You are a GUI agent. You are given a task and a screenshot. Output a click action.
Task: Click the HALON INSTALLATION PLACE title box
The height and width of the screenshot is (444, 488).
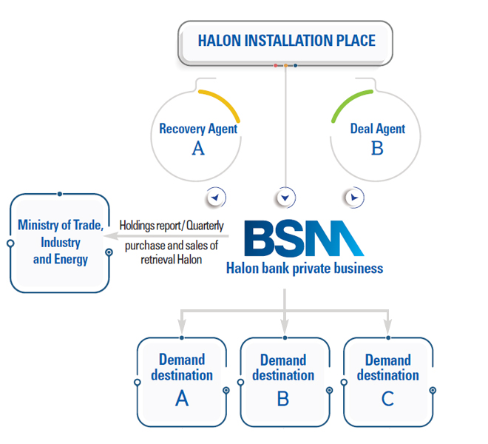click(286, 41)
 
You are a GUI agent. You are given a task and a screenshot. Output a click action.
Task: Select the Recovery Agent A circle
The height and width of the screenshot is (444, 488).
click(198, 136)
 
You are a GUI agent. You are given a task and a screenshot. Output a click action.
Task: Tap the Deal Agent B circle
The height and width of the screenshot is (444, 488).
click(377, 136)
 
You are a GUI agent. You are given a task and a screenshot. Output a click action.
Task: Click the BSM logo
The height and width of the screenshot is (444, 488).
click(303, 238)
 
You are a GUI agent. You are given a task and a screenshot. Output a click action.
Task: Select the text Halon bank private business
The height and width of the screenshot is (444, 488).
click(305, 268)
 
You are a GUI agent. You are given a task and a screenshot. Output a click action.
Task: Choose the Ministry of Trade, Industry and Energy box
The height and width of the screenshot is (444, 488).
click(60, 242)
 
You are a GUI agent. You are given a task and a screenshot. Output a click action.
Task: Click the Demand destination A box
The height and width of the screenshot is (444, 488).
click(182, 381)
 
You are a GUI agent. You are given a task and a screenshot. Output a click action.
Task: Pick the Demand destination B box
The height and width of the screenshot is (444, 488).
click(284, 381)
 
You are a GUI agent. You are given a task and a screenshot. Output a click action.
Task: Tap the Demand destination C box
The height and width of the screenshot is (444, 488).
click(387, 381)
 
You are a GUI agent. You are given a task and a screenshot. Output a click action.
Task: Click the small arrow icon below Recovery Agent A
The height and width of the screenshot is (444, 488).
click(216, 198)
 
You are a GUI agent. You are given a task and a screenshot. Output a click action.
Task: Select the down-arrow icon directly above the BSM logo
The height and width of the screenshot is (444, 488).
click(285, 198)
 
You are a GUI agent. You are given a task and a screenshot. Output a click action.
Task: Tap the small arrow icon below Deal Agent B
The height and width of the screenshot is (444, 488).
click(355, 198)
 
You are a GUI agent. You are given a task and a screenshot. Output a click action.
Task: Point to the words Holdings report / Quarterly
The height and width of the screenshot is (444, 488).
click(172, 225)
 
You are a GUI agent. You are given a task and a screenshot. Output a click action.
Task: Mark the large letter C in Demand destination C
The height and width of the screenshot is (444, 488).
click(387, 399)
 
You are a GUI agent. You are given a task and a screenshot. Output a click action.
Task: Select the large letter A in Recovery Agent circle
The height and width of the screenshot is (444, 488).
click(198, 148)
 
